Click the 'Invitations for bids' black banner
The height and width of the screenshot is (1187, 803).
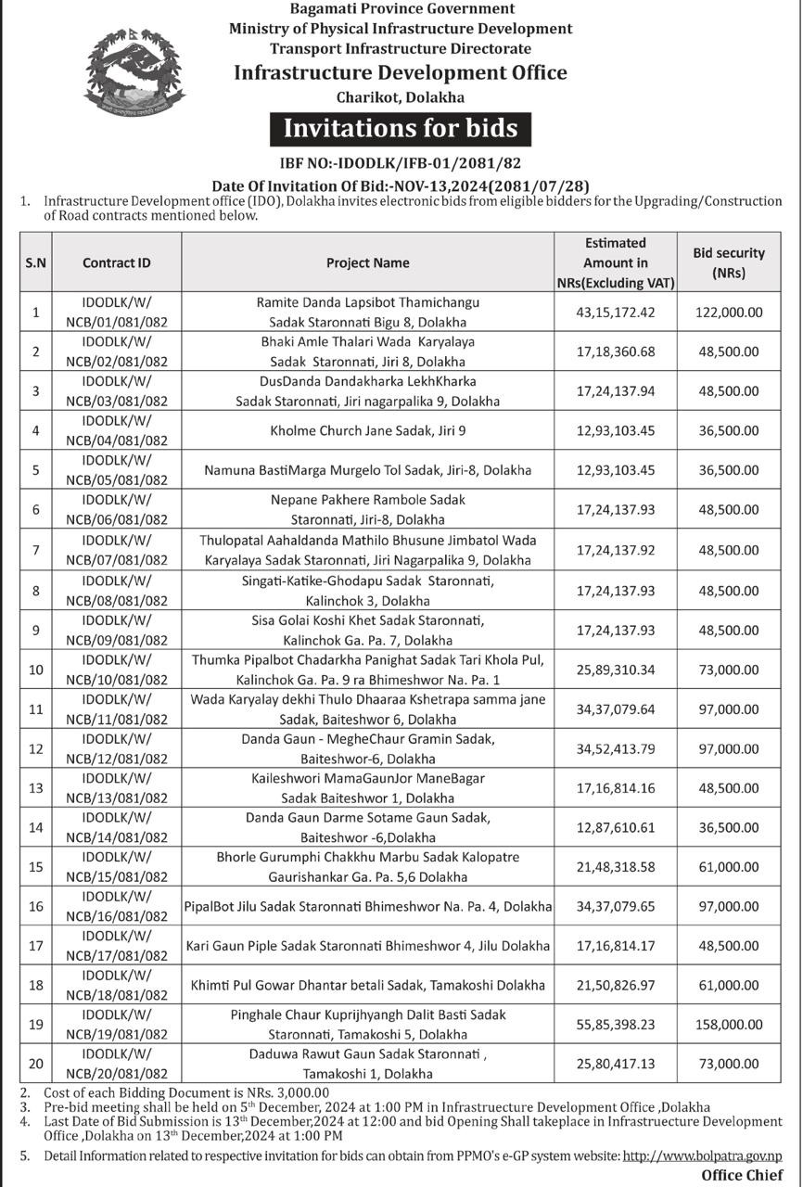click(401, 128)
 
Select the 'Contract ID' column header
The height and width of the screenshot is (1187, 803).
click(116, 262)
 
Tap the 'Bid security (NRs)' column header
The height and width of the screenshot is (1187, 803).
click(728, 262)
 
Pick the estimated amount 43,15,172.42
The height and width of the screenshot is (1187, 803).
click(616, 313)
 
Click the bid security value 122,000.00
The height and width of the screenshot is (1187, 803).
click(728, 313)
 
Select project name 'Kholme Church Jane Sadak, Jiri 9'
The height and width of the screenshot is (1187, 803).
click(368, 431)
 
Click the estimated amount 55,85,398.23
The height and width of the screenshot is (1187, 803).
click(616, 1025)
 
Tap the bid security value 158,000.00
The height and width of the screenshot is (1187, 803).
click(728, 1025)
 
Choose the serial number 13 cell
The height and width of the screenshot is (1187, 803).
click(36, 787)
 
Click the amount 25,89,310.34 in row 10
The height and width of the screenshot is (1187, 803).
click(616, 669)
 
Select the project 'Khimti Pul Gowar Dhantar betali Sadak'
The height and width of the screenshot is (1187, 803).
click(368, 986)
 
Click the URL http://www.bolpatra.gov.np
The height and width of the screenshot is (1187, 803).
click(702, 1156)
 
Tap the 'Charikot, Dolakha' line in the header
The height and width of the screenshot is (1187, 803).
click(400, 96)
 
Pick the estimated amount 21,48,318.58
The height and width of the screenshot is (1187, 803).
click(616, 866)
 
